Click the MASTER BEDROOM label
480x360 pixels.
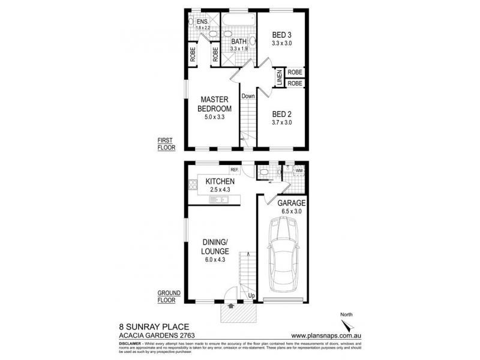216,104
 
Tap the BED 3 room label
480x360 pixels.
281,35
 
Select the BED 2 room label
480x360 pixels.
281,114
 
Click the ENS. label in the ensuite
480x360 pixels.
202,22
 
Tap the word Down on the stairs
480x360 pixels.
248,96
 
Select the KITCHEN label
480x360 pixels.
220,181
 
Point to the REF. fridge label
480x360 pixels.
242,169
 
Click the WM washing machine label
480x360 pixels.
299,171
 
